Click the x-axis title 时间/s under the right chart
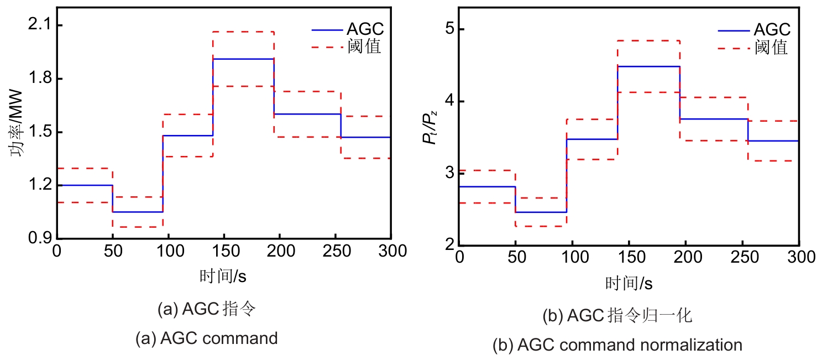(629, 284)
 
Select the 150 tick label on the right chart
(629, 257)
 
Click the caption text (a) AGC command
(207, 338)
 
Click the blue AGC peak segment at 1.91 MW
(243, 59)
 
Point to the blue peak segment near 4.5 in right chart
(648, 66)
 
